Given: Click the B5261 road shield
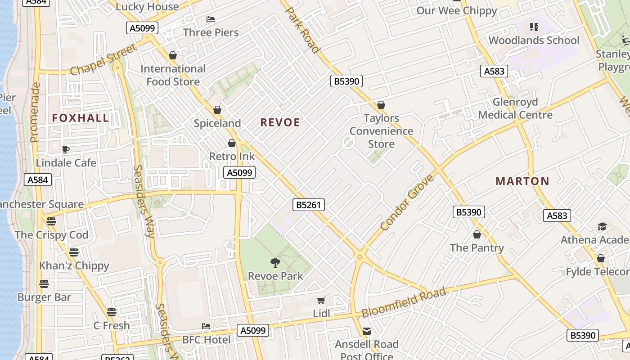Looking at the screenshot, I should pyautogui.click(x=308, y=205).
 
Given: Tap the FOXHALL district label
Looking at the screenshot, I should pyautogui.click(x=81, y=118).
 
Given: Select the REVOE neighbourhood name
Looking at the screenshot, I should pyautogui.click(x=280, y=122).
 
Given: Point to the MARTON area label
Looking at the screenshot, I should pyautogui.click(x=522, y=181).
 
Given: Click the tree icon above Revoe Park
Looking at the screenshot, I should pyautogui.click(x=275, y=262).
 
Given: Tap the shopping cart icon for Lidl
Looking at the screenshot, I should pyautogui.click(x=321, y=300).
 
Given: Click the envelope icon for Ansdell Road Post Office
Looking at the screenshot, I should pyautogui.click(x=367, y=331).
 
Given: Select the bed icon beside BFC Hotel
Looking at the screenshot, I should pyautogui.click(x=206, y=326).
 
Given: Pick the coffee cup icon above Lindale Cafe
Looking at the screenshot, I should pyautogui.click(x=66, y=149).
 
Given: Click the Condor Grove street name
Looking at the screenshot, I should pyautogui.click(x=407, y=202).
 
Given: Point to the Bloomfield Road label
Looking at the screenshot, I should pyautogui.click(x=404, y=303).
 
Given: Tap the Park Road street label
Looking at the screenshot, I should pyautogui.click(x=302, y=30).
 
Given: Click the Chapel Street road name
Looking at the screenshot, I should pyautogui.click(x=103, y=61).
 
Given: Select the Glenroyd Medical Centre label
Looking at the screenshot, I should pyautogui.click(x=515, y=108).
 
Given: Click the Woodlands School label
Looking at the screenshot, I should pyautogui.click(x=534, y=40).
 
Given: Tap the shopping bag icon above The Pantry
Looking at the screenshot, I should pyautogui.click(x=477, y=235).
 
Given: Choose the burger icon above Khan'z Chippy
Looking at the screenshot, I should pyautogui.click(x=74, y=252).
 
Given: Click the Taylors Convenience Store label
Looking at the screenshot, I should pyautogui.click(x=381, y=131).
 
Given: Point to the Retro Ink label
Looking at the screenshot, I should pyautogui.click(x=232, y=157).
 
